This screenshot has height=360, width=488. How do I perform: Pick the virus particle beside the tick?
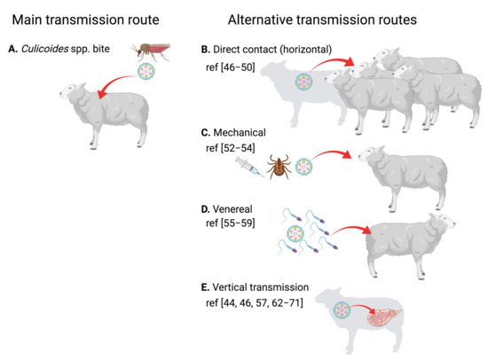coord(304,166)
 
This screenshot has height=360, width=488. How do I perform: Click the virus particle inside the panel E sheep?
coord(343,311)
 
